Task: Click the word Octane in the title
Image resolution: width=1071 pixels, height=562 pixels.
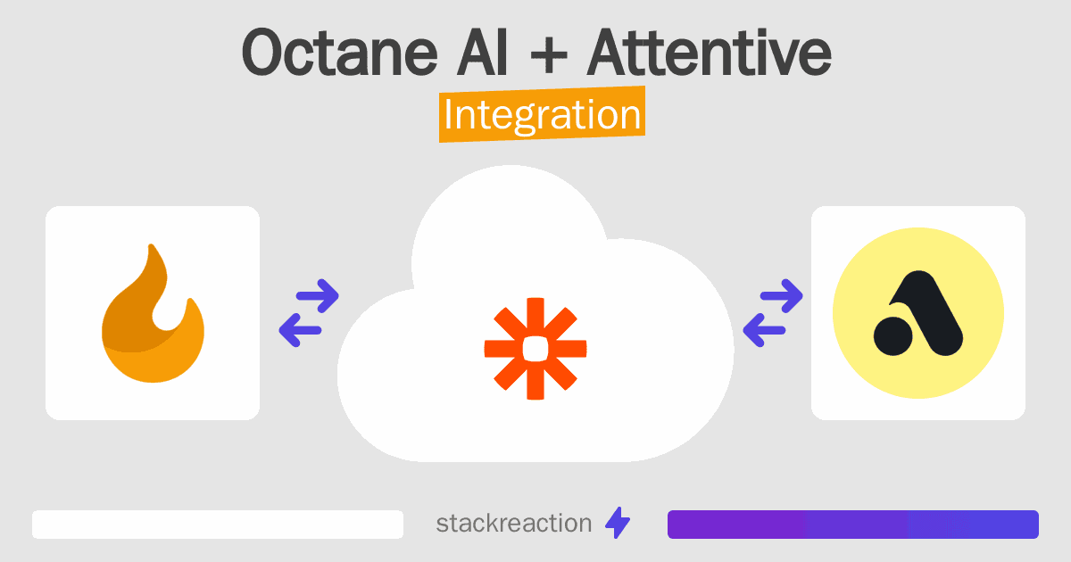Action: point(339,53)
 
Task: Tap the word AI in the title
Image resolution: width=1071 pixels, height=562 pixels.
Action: point(482,53)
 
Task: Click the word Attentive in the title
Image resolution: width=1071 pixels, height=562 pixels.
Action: point(710,52)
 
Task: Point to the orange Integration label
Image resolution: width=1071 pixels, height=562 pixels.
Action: point(543,114)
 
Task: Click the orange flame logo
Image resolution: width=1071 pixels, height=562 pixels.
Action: point(153,313)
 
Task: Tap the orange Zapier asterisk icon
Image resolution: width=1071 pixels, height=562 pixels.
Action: point(535,349)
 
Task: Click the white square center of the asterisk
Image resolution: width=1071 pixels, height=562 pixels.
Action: point(535,349)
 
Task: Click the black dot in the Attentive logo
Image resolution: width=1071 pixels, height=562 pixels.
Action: point(893,336)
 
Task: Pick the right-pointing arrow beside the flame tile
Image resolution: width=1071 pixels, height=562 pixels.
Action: point(318,296)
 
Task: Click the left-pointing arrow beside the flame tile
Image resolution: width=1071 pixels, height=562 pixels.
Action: point(300,330)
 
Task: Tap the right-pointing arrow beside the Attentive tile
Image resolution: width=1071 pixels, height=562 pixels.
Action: point(781,296)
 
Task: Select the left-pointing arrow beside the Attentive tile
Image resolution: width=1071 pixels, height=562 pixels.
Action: point(764,330)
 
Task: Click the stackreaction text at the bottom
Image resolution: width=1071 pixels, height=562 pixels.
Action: point(514,524)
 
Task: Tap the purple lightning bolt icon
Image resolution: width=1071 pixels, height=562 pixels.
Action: point(618,523)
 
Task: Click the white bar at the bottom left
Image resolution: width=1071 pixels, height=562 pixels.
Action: point(218,525)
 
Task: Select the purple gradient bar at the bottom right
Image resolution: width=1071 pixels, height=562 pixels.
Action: point(853,525)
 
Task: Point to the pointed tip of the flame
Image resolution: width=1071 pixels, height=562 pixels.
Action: point(152,245)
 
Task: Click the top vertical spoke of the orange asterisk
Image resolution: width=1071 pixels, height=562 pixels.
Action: point(535,318)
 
